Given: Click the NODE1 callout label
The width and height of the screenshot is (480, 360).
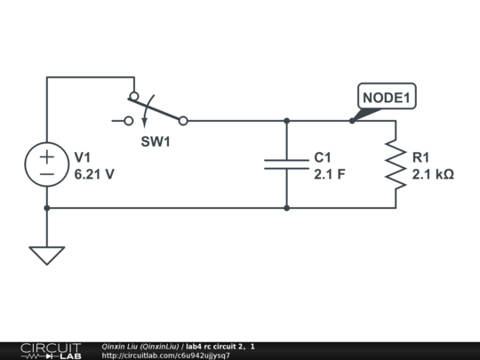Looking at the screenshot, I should click(387, 96).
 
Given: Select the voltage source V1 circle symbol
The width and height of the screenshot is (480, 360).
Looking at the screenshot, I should click(47, 164).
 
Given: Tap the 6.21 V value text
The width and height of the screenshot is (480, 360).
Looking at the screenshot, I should click(94, 174).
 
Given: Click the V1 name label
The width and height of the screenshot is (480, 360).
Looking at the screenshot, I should click(83, 156).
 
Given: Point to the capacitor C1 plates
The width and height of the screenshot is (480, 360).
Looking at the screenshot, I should click(286, 164).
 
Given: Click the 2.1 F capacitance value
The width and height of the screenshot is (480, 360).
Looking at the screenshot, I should click(329, 174).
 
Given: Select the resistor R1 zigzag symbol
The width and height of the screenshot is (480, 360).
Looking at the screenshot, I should click(396, 164).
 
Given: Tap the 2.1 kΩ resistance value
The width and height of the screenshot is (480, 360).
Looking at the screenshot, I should click(433, 174).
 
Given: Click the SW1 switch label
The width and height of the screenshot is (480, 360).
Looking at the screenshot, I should click(156, 141).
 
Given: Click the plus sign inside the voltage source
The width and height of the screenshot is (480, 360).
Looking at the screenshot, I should click(47, 156).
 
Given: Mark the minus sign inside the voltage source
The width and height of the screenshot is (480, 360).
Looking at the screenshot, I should click(47, 174).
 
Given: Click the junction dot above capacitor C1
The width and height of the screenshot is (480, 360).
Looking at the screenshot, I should click(286, 120).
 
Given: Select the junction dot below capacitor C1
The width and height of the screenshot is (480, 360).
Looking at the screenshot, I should click(286, 208).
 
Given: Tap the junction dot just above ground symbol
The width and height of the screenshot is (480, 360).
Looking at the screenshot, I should click(47, 208).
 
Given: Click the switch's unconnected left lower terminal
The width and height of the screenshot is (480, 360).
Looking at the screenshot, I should click(129, 120).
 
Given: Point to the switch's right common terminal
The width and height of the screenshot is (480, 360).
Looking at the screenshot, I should click(183, 120).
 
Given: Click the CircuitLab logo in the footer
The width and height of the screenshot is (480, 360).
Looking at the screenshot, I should click(50, 350).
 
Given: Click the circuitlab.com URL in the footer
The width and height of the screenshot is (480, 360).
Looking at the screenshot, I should click(166, 356).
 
